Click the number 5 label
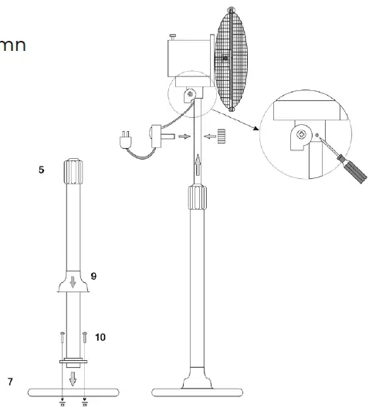(41, 167)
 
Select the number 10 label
(100, 337)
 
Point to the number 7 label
(10, 382)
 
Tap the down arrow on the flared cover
(73, 283)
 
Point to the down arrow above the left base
(74, 379)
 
